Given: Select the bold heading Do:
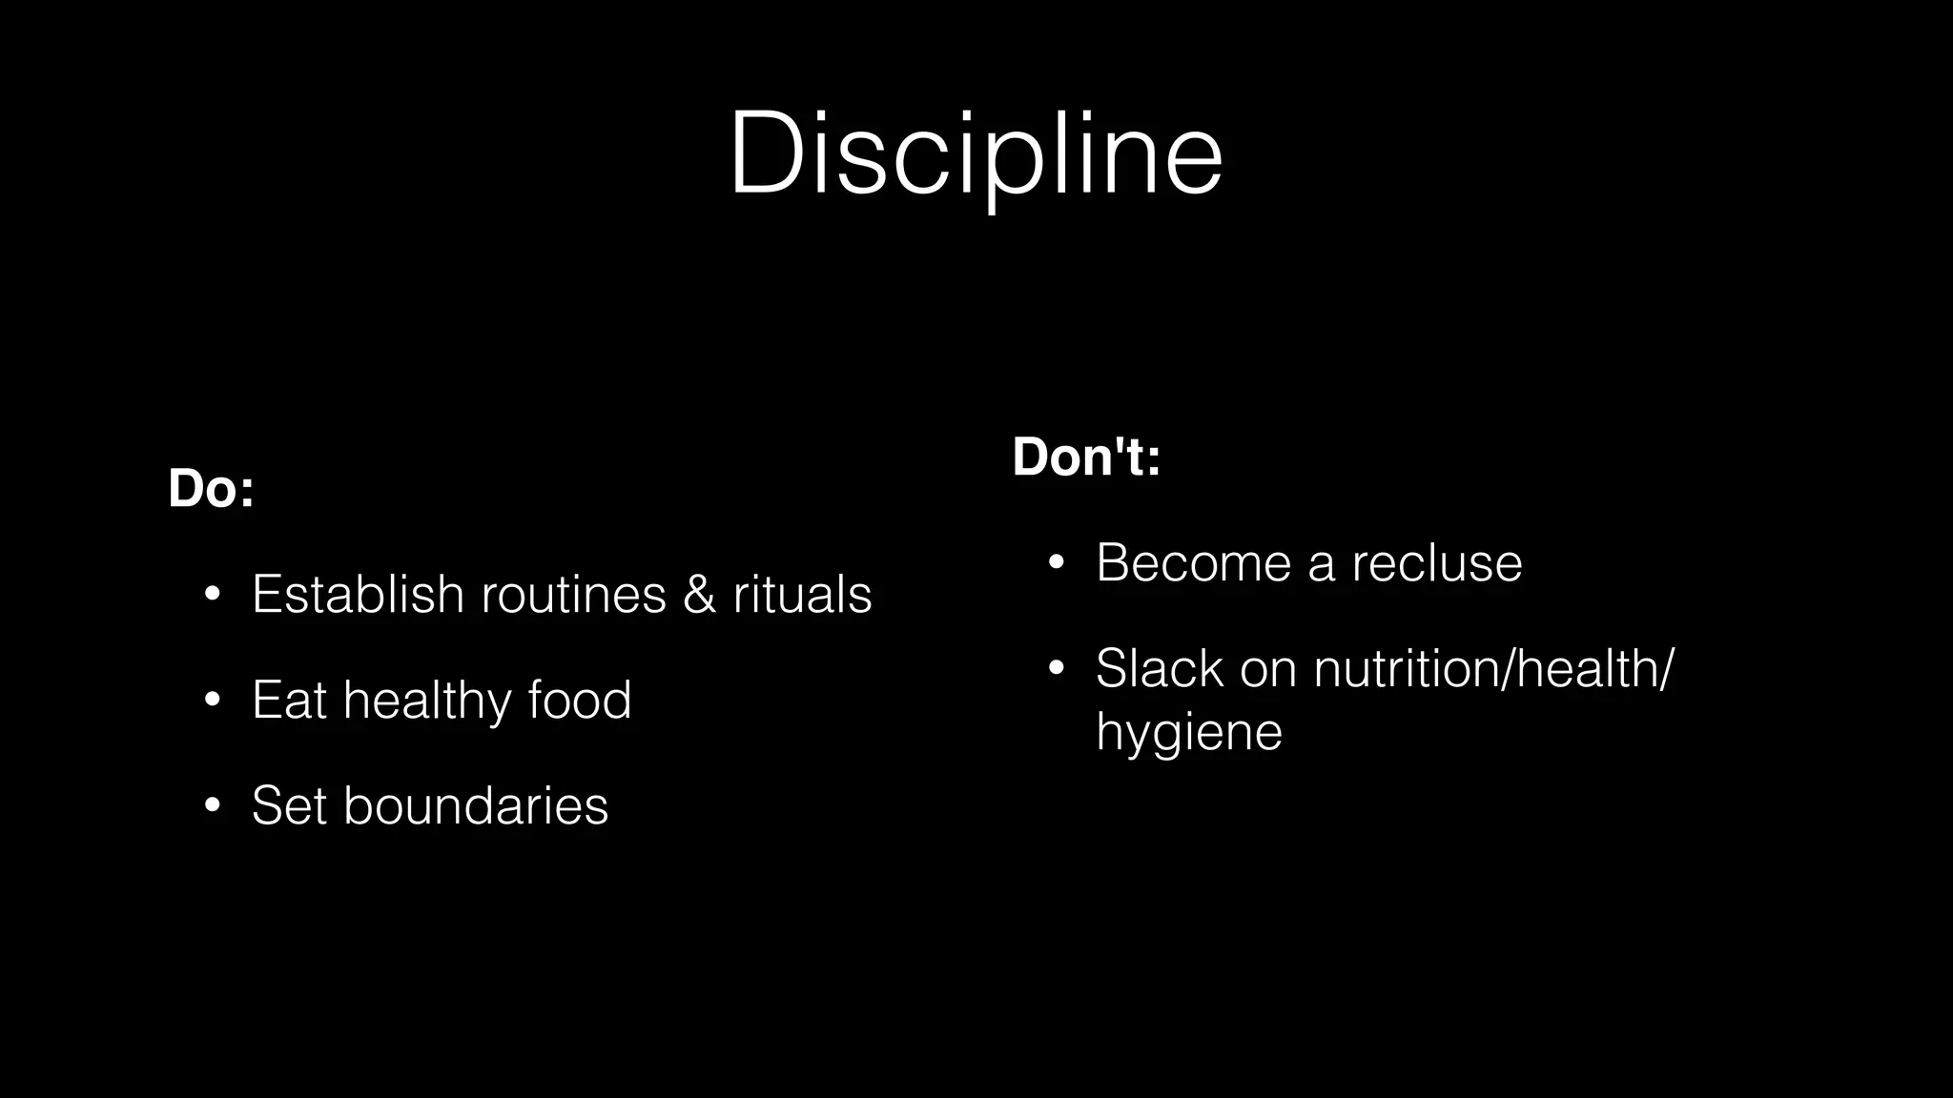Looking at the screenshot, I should click(x=211, y=488).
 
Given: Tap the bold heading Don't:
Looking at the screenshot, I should click(x=1086, y=457).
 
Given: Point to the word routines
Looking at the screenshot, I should click(x=573, y=594).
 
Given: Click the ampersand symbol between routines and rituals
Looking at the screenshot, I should click(x=699, y=594).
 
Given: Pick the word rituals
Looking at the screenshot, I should click(x=802, y=594).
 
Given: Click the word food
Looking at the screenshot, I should click(x=580, y=700).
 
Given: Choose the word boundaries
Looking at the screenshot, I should click(x=475, y=805).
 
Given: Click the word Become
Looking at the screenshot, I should click(x=1193, y=562).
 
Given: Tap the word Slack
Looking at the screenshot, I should click(x=1159, y=668).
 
